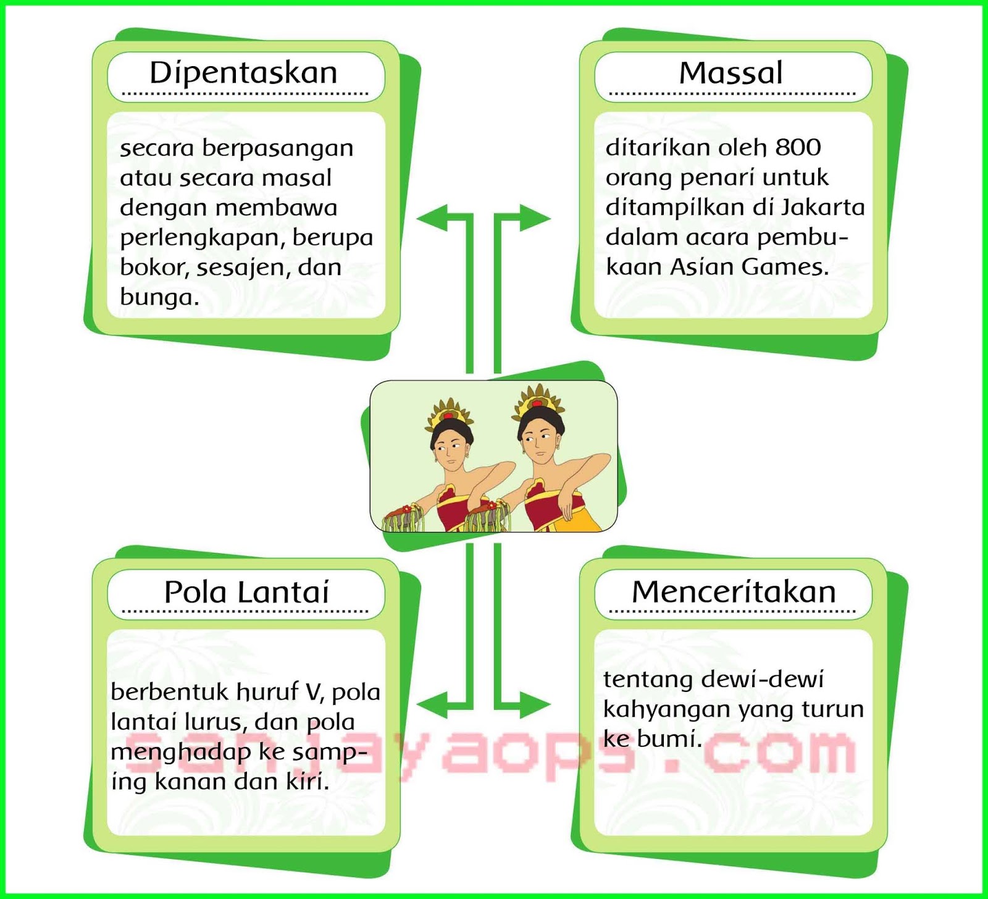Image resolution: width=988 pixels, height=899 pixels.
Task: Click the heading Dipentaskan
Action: pos(243,73)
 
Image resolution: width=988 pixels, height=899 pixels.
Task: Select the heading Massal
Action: pos(731,73)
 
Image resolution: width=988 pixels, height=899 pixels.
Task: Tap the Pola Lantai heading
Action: pos(246,592)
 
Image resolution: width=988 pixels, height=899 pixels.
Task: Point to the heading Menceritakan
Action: pos(734,592)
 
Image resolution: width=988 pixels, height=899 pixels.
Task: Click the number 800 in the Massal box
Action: pos(798,147)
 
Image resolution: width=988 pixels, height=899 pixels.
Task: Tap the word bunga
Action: pos(159,298)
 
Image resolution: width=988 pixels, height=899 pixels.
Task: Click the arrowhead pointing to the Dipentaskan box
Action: pos(432,218)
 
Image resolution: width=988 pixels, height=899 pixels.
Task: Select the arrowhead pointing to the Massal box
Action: pos(535,218)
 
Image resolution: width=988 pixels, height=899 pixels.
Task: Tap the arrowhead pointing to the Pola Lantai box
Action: pos(432,704)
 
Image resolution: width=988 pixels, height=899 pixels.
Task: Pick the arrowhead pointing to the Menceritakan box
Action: pos(535,704)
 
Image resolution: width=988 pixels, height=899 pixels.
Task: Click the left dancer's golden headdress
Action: pos(449,412)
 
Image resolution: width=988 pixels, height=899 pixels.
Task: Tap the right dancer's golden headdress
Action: pos(539,399)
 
